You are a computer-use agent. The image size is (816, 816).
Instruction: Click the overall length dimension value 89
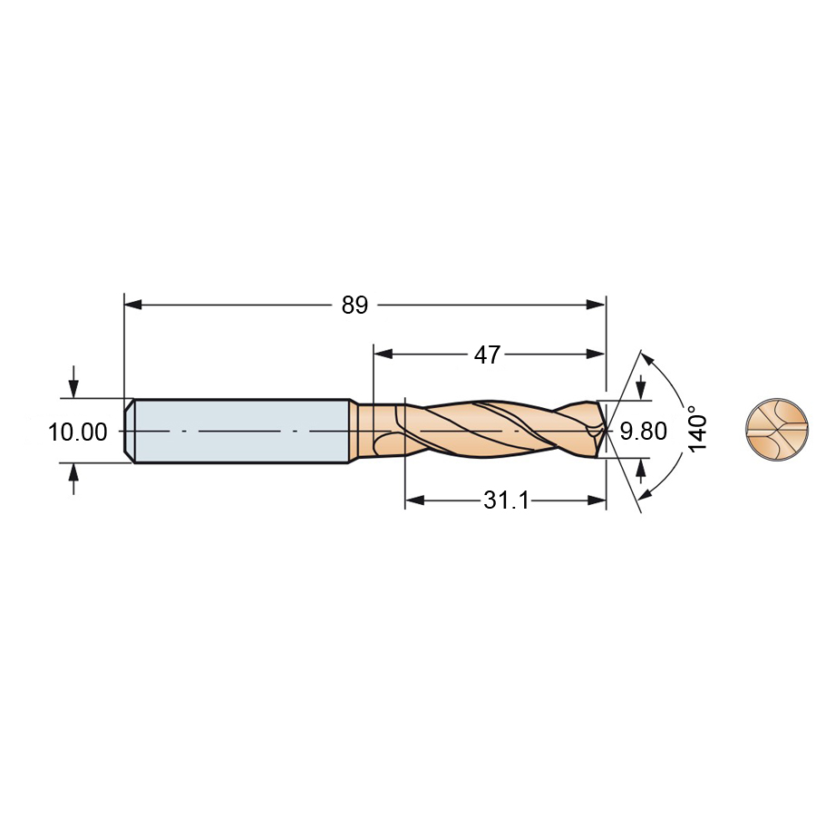point(355,305)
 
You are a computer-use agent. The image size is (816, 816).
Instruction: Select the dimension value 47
point(487,355)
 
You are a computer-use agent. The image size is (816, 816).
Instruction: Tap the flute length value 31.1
point(506,500)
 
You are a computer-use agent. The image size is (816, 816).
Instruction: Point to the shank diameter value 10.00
point(78,432)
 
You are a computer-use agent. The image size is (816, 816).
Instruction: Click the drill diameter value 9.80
point(643,432)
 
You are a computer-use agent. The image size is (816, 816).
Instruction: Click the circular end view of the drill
point(777,430)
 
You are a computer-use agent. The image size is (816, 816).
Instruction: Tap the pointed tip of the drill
point(607,430)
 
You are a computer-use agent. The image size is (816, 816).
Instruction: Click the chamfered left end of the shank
point(129,431)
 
